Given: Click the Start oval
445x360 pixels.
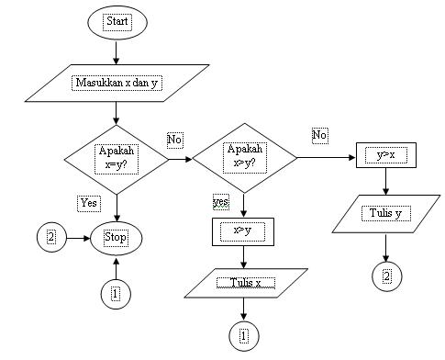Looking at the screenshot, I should (x=116, y=21).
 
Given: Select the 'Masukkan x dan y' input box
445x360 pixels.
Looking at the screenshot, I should (x=116, y=83).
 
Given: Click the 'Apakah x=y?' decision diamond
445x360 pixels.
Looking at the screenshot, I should (x=116, y=158).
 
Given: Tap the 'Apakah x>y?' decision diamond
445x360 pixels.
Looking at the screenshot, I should (x=244, y=158).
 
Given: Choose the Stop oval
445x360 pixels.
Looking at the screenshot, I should (x=116, y=237).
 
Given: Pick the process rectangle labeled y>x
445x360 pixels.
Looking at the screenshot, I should (x=385, y=155).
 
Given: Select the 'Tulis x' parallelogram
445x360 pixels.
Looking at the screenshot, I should (x=244, y=283).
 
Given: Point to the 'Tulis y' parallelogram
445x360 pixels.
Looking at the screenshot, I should (x=385, y=215).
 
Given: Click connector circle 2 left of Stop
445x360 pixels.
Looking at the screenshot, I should (x=50, y=237).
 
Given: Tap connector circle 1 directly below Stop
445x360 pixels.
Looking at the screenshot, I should (x=116, y=293).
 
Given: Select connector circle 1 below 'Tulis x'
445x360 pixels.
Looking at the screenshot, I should (x=244, y=335).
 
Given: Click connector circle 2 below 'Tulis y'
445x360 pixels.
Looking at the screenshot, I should (x=385, y=275).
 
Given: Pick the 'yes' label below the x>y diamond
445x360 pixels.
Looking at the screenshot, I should (x=221, y=200).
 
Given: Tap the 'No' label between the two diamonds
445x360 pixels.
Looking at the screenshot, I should (x=176, y=140).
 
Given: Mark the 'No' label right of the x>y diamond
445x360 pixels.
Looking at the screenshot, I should (x=319, y=135).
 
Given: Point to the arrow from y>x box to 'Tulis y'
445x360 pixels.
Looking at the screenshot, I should (x=385, y=182).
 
